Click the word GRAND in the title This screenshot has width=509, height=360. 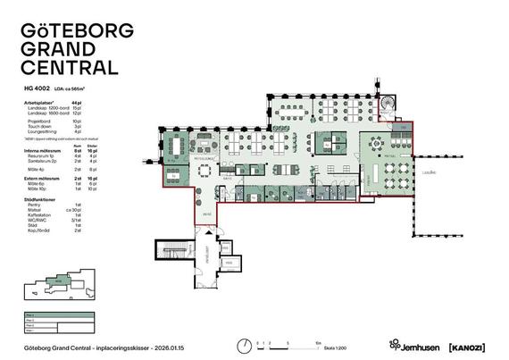pyautogui.click(x=58, y=48)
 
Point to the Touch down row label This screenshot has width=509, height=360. pyautogui.click(x=42, y=126)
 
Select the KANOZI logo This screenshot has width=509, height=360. pyautogui.click(x=467, y=345)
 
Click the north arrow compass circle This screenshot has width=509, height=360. pyautogui.click(x=243, y=345)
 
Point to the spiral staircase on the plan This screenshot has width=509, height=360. pyautogui.click(x=387, y=105)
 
